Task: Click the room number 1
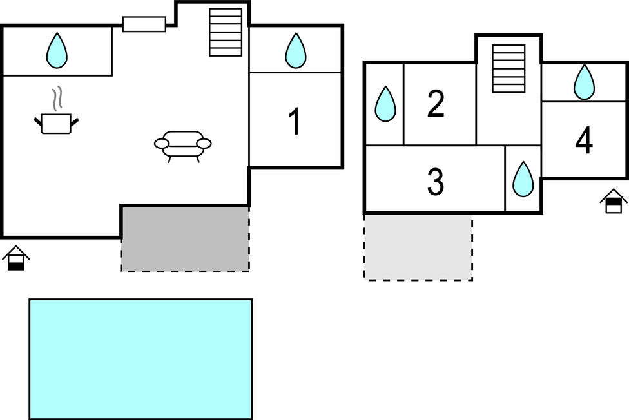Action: coord(295,122)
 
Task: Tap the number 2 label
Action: coord(436,104)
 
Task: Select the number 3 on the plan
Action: coord(436,182)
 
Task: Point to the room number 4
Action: coord(584,142)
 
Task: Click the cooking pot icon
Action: coord(56,122)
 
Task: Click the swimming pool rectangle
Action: coord(140,359)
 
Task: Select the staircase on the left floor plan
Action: coord(226,32)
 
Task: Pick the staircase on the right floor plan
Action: coord(508,69)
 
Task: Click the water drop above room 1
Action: coord(295,50)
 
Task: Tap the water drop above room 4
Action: coord(584,82)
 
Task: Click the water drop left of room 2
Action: coord(385,104)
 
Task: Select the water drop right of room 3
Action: coord(523,178)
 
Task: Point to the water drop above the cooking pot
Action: coord(57,50)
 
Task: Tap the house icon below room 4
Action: coord(614,201)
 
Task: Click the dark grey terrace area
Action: coord(185,238)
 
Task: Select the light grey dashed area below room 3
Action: coord(418,247)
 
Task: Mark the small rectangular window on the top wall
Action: coord(144,24)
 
